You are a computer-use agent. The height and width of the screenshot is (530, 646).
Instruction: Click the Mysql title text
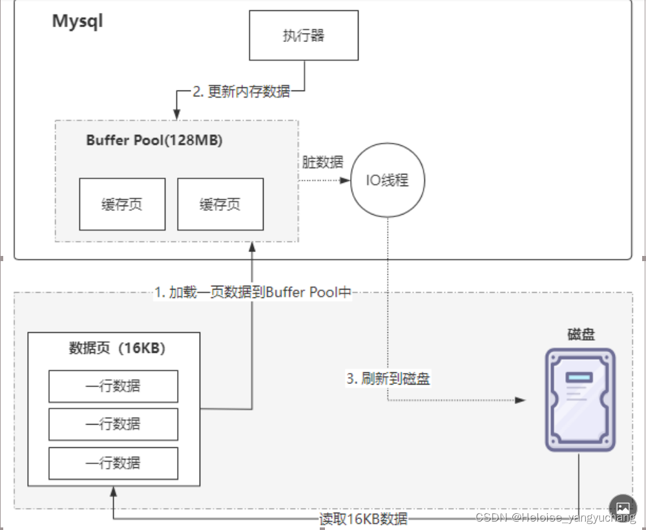pyautogui.click(x=78, y=21)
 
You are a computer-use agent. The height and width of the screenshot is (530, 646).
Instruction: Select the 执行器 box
pyautogui.click(x=304, y=36)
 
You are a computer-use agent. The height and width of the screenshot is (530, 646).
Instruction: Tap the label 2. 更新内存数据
pyautogui.click(x=241, y=92)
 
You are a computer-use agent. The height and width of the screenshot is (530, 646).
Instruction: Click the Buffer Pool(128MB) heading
pyautogui.click(x=154, y=141)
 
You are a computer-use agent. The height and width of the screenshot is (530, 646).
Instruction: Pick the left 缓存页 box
pyautogui.click(x=122, y=204)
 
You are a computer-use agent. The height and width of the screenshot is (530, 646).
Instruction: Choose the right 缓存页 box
pyautogui.click(x=220, y=204)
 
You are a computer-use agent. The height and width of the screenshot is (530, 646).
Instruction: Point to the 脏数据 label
pyautogui.click(x=323, y=162)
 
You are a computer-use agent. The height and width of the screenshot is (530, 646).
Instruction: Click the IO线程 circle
pyautogui.click(x=388, y=180)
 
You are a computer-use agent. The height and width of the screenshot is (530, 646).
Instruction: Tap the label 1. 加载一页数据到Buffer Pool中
pyautogui.click(x=253, y=292)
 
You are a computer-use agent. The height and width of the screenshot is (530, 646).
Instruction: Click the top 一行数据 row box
pyautogui.click(x=113, y=387)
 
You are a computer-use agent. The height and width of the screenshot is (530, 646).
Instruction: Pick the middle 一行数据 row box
pyautogui.click(x=113, y=425)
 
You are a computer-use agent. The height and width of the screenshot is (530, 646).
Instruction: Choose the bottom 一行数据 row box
pyautogui.click(x=113, y=463)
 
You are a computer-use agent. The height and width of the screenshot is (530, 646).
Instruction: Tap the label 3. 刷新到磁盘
pyautogui.click(x=388, y=379)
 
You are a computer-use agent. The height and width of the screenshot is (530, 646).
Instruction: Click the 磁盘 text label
pyautogui.click(x=580, y=334)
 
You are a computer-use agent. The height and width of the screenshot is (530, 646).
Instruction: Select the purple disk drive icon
pyautogui.click(x=579, y=399)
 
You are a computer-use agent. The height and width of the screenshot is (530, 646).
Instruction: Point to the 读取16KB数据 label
pyautogui.click(x=364, y=519)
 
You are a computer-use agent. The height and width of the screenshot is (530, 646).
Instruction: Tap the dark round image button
pyautogui.click(x=623, y=507)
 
